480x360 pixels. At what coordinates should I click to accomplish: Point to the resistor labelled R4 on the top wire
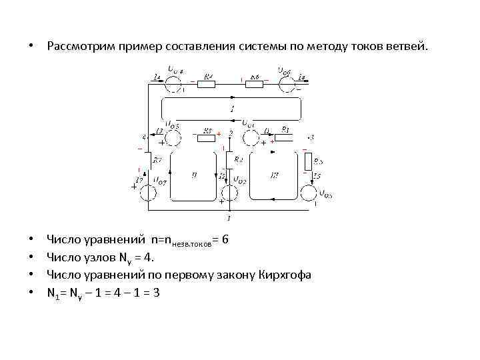pos(207,82)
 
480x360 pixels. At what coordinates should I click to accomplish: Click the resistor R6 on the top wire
pos(255,82)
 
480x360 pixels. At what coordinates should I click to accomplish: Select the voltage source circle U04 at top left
pos(173,82)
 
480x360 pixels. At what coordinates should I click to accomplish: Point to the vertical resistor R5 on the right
pos(307,162)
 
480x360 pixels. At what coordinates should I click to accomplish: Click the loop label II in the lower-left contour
pos(193,175)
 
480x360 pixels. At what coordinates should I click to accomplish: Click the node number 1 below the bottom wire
pos(228,218)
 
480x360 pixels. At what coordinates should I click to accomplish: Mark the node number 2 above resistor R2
pos(230,134)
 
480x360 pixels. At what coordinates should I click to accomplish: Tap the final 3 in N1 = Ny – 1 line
pos(155,292)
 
